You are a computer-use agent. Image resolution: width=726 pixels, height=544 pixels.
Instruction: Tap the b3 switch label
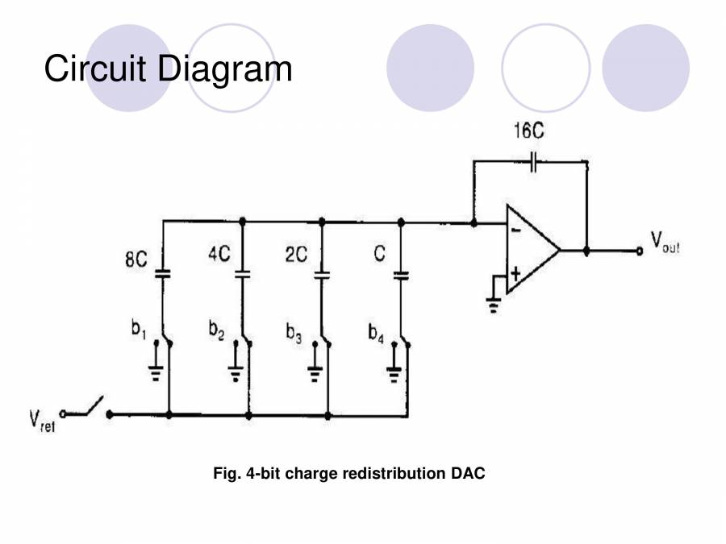pyautogui.click(x=293, y=332)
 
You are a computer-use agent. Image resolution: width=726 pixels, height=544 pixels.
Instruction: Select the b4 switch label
pyautogui.click(x=376, y=332)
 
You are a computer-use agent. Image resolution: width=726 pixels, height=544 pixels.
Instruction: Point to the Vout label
pyautogui.click(x=664, y=241)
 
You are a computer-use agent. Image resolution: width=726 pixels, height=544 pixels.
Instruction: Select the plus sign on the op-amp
pyautogui.click(x=515, y=273)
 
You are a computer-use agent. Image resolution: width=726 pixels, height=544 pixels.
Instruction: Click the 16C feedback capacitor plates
pyautogui.click(x=533, y=162)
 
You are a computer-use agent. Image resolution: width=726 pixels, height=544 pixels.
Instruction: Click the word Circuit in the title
pyautogui.click(x=95, y=69)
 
